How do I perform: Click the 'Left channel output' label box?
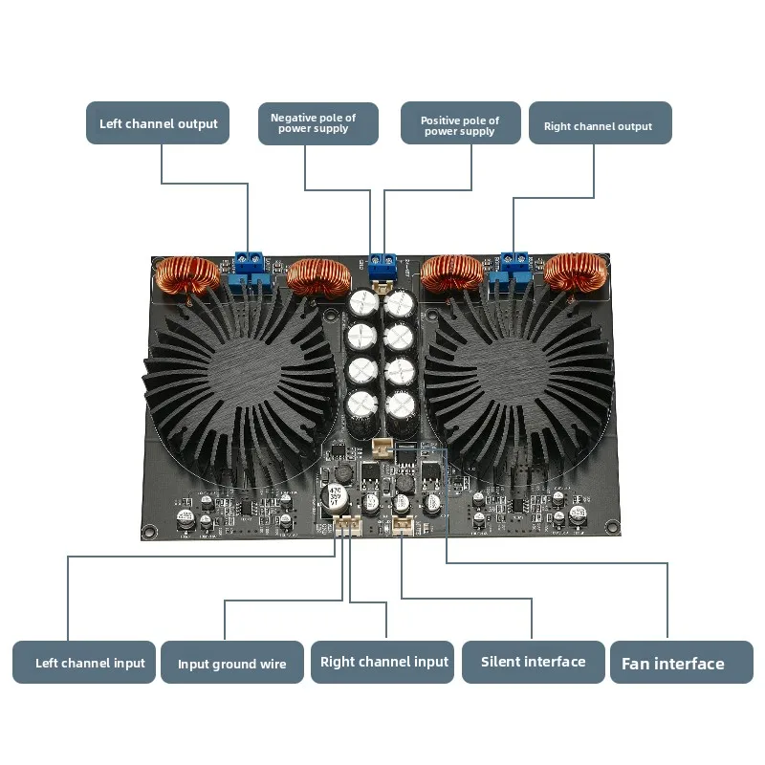click(x=158, y=123)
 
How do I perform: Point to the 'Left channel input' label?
click(x=84, y=662)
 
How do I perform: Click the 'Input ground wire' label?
click(x=230, y=662)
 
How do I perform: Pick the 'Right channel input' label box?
click(x=383, y=662)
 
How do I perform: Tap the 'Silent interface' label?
click(x=533, y=662)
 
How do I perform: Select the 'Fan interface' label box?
click(x=681, y=662)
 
